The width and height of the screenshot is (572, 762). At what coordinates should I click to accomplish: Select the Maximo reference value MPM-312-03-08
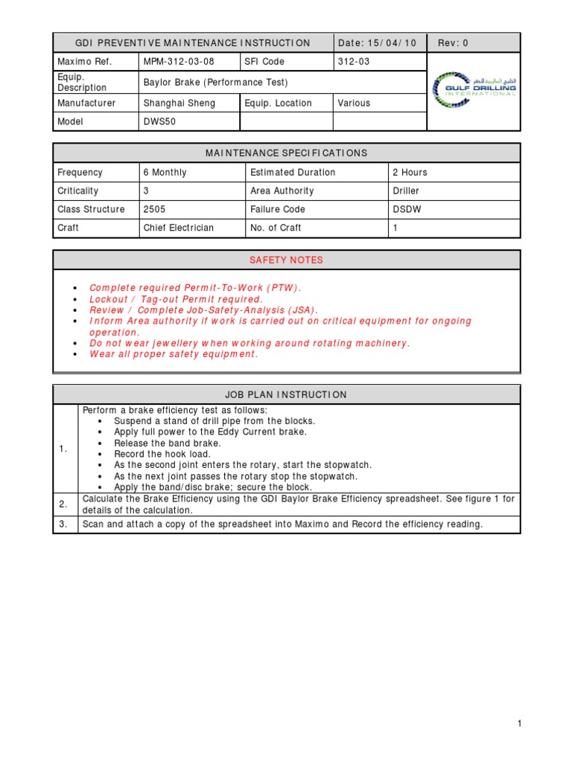pos(178,62)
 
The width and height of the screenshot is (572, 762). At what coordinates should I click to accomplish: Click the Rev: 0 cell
pos(453,43)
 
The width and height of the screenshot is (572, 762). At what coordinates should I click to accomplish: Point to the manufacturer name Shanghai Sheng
pos(179,103)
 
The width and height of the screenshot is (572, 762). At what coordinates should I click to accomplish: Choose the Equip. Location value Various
pos(354,103)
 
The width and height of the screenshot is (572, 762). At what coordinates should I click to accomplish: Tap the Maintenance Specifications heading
pos(287,153)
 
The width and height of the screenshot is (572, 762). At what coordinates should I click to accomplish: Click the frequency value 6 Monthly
pos(165,173)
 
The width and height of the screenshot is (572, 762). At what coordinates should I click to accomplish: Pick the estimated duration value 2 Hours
pos(410,173)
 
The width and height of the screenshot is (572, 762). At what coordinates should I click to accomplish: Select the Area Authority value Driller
pos(406,191)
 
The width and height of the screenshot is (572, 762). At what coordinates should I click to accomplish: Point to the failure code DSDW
pos(407,210)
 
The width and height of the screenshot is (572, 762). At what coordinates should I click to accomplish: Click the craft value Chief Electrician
pos(179,228)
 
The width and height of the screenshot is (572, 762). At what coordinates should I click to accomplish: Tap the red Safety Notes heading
pos(287,260)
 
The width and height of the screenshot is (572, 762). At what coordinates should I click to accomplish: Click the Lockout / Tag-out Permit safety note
pos(176,299)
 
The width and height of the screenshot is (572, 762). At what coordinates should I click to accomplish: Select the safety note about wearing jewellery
pos(250,343)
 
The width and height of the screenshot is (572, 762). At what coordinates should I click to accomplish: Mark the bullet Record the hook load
pos(162,454)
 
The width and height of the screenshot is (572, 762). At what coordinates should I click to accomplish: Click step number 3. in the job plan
pos(64,525)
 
